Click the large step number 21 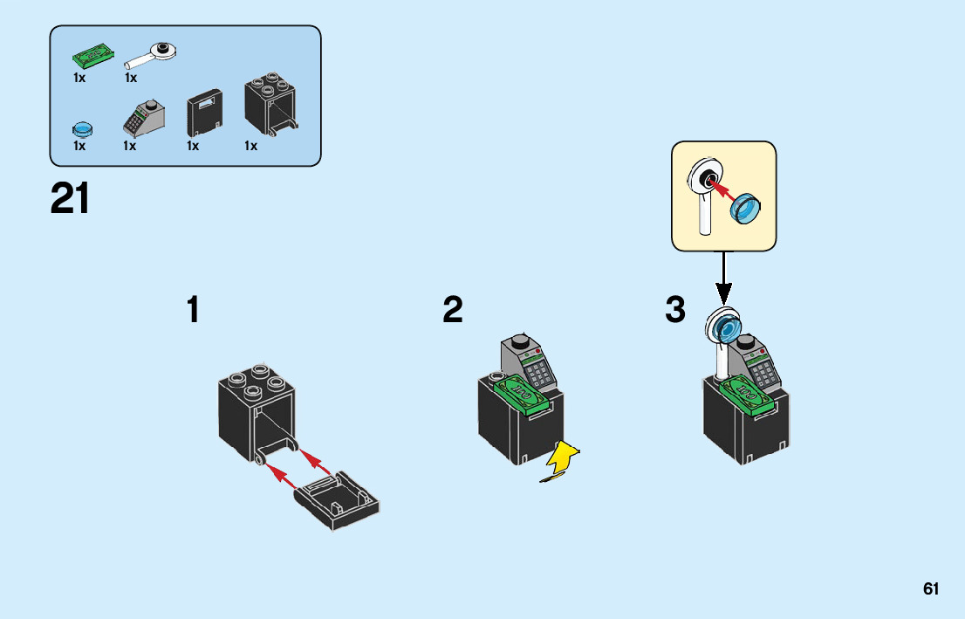pyautogui.click(x=70, y=199)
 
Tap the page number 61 pyautogui.click(x=931, y=589)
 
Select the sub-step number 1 pyautogui.click(x=193, y=310)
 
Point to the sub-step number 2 pyautogui.click(x=452, y=310)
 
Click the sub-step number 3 pyautogui.click(x=674, y=310)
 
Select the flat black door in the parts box pyautogui.click(x=205, y=113)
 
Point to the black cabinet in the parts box pyautogui.click(x=271, y=107)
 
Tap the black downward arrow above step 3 pyautogui.click(x=723, y=278)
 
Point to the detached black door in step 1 pyautogui.click(x=338, y=501)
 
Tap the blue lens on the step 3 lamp pyautogui.click(x=724, y=328)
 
